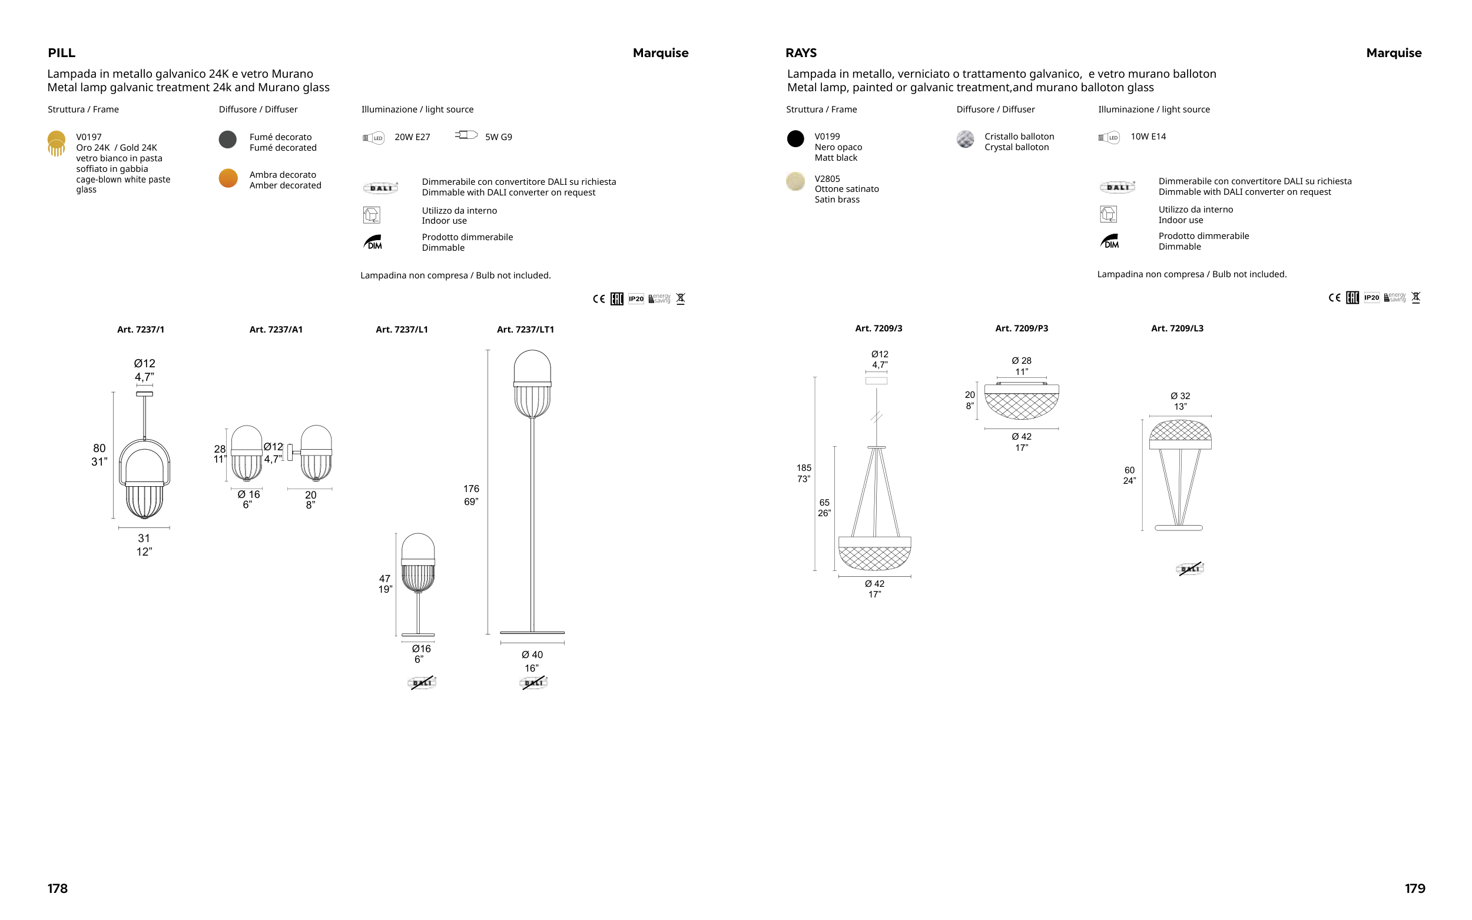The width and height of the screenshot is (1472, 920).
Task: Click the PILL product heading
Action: click(61, 53)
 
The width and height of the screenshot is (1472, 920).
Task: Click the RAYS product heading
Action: click(801, 53)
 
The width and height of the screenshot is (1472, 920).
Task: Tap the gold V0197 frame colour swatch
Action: click(56, 144)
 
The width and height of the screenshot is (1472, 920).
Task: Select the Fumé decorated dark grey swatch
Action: click(228, 140)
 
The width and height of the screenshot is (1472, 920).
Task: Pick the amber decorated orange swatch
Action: click(228, 178)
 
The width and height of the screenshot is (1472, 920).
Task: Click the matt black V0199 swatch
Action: click(795, 139)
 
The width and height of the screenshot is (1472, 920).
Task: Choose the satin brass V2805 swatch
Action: click(795, 181)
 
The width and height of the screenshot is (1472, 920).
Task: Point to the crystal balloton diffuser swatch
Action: click(965, 140)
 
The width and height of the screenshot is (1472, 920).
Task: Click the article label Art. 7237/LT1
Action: click(525, 329)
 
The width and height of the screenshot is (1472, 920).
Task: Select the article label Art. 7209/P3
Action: click(1022, 328)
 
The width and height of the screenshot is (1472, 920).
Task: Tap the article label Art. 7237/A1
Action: click(276, 329)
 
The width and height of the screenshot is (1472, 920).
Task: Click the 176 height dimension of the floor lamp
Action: click(471, 489)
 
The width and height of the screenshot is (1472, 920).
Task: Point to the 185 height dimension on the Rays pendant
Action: click(804, 468)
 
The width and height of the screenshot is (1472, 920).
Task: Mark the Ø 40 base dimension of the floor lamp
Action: click(532, 655)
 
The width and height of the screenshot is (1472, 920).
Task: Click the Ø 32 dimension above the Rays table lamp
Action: click(1181, 396)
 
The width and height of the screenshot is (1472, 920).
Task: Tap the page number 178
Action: click(57, 888)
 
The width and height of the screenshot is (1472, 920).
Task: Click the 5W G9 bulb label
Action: click(498, 137)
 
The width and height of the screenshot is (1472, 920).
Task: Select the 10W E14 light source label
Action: click(1148, 137)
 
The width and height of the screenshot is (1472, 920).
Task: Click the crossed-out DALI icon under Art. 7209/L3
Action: click(1189, 569)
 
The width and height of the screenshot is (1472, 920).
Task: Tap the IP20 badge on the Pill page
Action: click(636, 299)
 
